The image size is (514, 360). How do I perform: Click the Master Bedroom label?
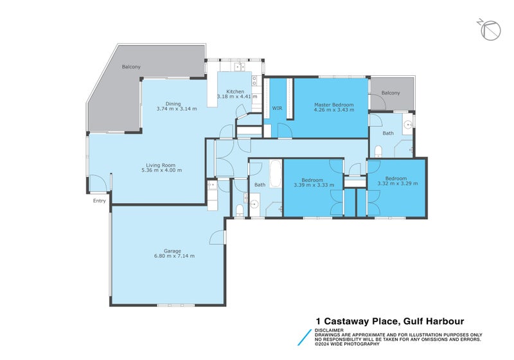tap(330, 104)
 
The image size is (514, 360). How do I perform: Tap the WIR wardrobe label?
tap(278, 108)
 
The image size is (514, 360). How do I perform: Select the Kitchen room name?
tap(235, 92)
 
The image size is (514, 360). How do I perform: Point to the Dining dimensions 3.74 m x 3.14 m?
tap(176, 109)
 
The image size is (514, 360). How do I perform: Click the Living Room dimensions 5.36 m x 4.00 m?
tap(163, 170)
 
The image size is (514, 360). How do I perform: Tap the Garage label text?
tap(172, 251)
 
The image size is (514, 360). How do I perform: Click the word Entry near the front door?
tap(99, 201)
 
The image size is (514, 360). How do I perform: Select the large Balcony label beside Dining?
tap(131, 67)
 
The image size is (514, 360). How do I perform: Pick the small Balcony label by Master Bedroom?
tap(390, 93)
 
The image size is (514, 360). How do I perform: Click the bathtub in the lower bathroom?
tap(274, 174)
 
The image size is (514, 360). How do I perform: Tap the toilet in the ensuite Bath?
tap(378, 151)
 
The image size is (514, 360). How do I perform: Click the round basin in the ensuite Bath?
tap(407, 125)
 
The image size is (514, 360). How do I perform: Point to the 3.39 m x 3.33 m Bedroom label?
tap(314, 182)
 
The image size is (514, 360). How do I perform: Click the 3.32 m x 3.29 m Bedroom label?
tap(396, 181)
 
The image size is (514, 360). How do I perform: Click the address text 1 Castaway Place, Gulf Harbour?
tap(389, 321)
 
